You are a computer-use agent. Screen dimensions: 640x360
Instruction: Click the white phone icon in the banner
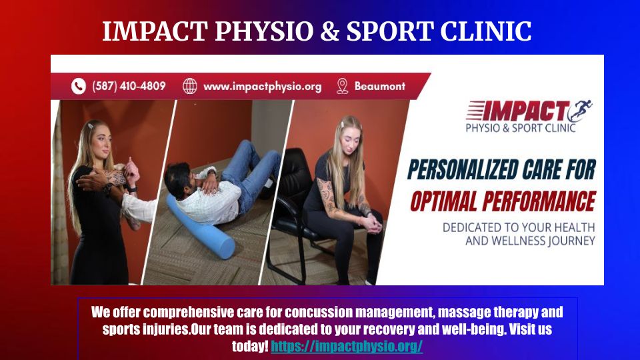pyautogui.click(x=79, y=86)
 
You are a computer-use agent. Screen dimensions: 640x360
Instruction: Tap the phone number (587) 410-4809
pyautogui.click(x=129, y=86)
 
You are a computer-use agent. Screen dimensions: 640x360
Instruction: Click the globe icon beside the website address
pyautogui.click(x=190, y=86)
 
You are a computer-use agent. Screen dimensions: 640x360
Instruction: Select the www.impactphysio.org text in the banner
pyautogui.click(x=262, y=87)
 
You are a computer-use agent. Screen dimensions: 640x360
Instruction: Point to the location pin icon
pyautogui.click(x=343, y=86)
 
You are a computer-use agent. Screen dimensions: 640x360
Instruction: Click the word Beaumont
pyautogui.click(x=379, y=86)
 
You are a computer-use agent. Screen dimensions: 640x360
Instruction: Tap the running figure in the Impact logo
pyautogui.click(x=581, y=110)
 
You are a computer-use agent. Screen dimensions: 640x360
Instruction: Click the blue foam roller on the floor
pyautogui.click(x=200, y=227)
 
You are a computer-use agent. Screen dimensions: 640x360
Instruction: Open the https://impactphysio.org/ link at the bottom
pyautogui.click(x=347, y=346)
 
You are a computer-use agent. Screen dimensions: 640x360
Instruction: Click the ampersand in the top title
pyautogui.click(x=330, y=31)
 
